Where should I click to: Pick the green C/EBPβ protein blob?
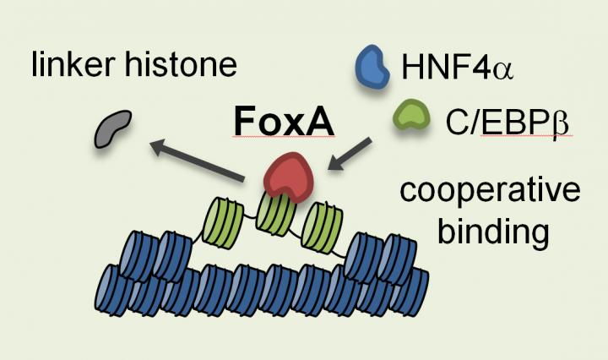pos(411,120)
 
